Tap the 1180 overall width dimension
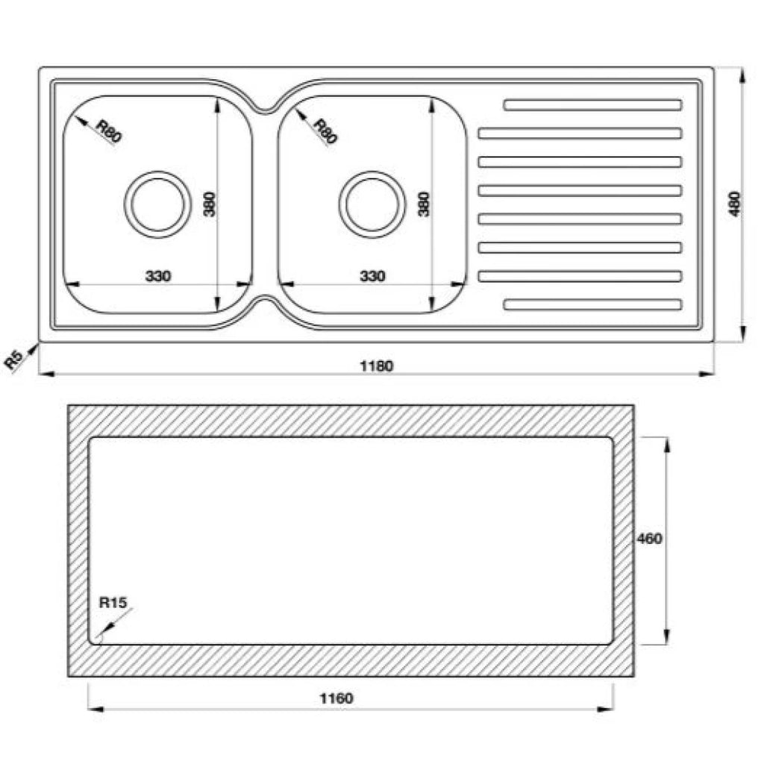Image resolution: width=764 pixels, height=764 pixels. click(376, 366)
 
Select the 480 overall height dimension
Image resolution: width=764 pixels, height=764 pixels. click(735, 204)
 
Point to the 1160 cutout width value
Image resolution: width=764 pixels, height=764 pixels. click(336, 698)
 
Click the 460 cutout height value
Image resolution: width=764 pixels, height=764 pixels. click(650, 539)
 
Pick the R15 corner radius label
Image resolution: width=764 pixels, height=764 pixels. click(113, 603)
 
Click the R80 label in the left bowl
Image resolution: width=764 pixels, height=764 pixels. click(108, 131)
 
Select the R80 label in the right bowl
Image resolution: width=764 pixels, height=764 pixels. click(325, 131)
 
